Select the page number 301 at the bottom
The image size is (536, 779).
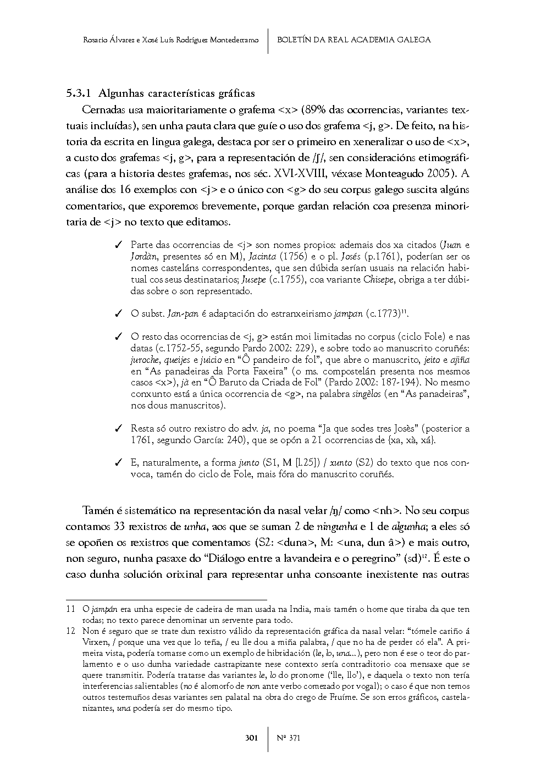pos(252,738)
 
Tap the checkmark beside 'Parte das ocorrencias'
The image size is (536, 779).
pos(118,245)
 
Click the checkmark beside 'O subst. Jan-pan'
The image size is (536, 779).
pos(118,314)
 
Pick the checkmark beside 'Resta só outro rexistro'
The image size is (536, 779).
pos(118,428)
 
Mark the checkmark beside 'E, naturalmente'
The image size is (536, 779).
pos(118,463)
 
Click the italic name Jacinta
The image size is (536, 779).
pos(262,257)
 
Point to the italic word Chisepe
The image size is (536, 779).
pos(379,280)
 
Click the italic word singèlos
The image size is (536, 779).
pos(366,394)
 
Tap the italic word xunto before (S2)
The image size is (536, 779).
pos(341,463)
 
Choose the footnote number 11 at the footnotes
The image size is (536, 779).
pos(70,609)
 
